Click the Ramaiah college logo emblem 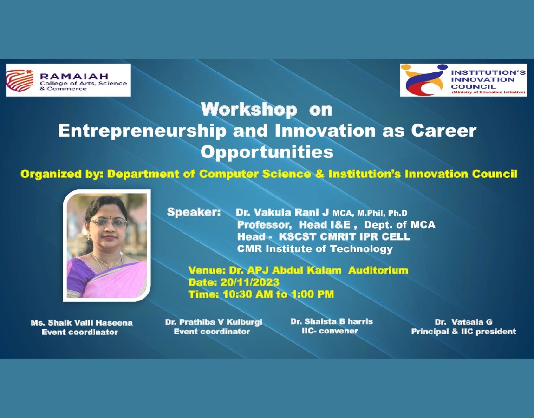click(20, 81)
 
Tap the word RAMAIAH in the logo click(74, 76)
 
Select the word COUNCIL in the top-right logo click(473, 86)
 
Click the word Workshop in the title click(249, 110)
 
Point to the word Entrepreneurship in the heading click(143, 131)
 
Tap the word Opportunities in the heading click(267, 152)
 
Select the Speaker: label click(194, 212)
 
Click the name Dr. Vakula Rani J click(282, 213)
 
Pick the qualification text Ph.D click(398, 213)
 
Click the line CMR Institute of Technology click(315, 248)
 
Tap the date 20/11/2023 click(250, 282)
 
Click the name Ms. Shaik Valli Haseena click(82, 323)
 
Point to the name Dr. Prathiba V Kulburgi click(214, 322)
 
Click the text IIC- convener click(330, 331)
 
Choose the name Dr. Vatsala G click(463, 322)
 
